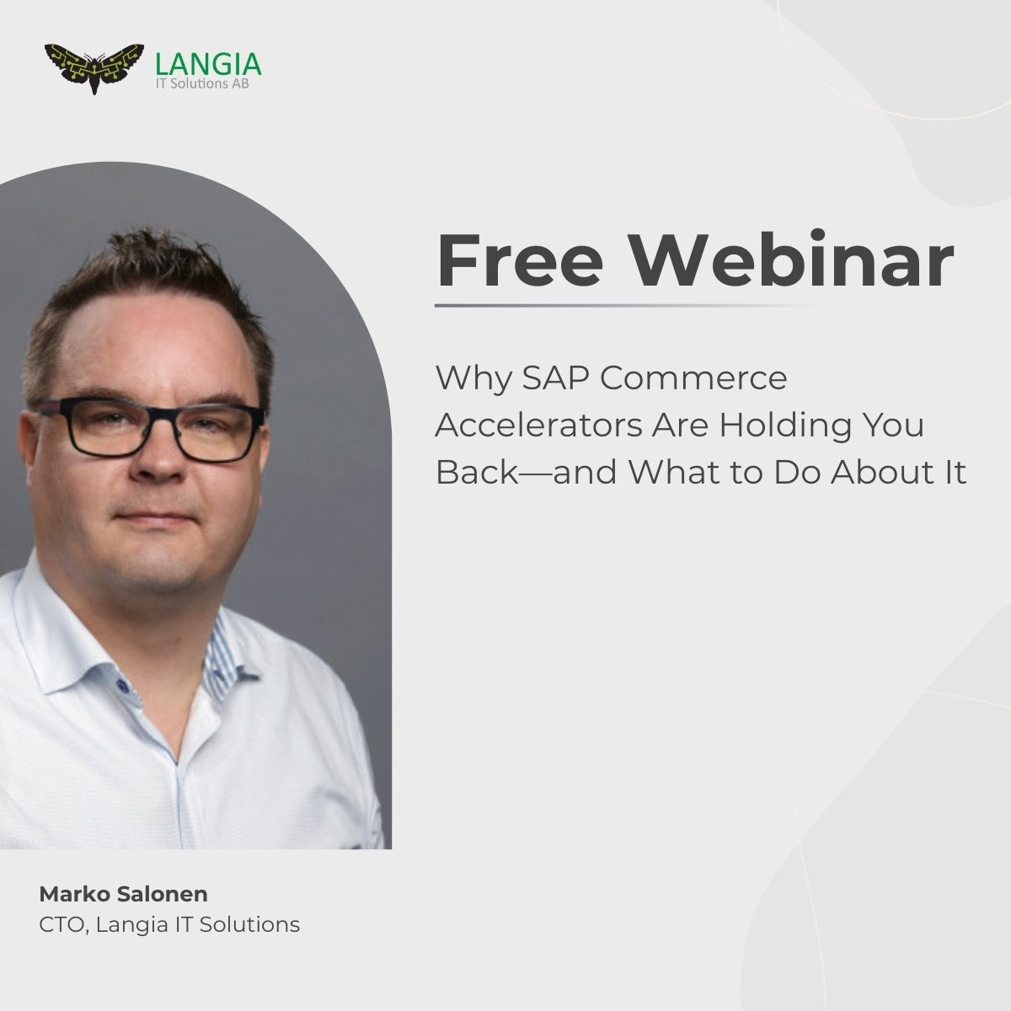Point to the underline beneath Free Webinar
[x=623, y=306]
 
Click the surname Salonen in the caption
[x=161, y=893]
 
